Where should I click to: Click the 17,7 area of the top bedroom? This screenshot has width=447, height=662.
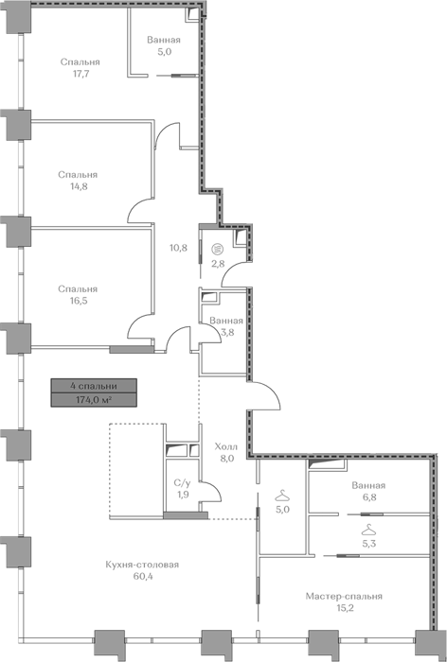pos(80,74)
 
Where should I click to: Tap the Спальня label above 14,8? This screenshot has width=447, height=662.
pos(78,174)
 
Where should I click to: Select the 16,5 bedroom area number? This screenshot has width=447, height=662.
pos(80,301)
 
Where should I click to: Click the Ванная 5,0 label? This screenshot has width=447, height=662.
pos(164,46)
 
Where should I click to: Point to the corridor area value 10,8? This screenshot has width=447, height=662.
pos(178,248)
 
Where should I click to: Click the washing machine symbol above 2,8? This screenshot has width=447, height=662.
pos(218,249)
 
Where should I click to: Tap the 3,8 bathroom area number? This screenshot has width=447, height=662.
pos(227,332)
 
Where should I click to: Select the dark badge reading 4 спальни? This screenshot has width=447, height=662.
pos(94,386)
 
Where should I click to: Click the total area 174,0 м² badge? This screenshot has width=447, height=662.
pos(94,400)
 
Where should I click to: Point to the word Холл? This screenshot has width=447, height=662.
pos(226,446)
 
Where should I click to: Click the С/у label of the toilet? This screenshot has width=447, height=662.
pos(182,483)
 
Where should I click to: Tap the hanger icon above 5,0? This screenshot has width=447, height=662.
pos(282,494)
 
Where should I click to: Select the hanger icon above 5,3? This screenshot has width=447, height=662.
pos(369,528)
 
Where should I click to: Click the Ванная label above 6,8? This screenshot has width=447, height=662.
pos(368,485)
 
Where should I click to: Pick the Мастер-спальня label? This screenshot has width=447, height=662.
pos(344,596)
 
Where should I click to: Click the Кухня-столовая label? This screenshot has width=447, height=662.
pos(142,565)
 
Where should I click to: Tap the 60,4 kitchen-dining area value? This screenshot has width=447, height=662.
pos(142,576)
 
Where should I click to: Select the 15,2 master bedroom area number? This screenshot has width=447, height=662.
pos(344,608)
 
